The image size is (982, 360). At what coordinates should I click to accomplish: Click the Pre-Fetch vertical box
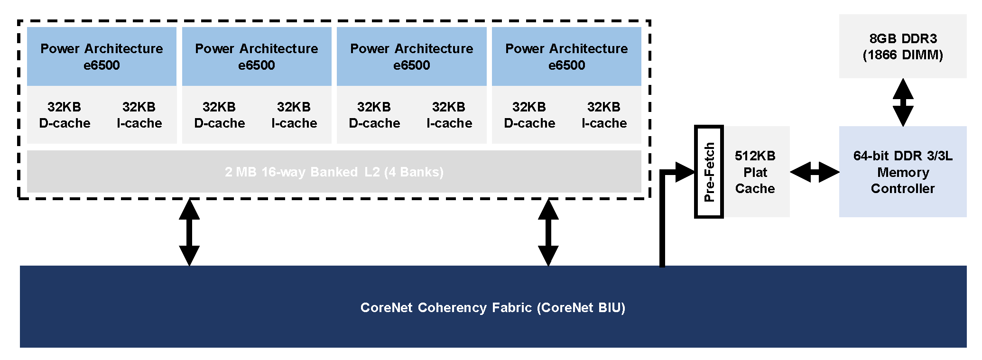coord(709,172)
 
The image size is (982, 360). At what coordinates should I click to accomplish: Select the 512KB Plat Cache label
coord(755,172)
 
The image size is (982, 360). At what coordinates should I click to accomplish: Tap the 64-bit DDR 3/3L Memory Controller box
coord(902,172)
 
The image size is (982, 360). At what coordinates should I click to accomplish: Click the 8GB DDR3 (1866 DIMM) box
coord(902,46)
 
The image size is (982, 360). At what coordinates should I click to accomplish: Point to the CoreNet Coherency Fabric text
coord(492,307)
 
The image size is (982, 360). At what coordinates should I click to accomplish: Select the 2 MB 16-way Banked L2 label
coord(334,172)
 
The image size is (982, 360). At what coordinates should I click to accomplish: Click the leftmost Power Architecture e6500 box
coord(102,56)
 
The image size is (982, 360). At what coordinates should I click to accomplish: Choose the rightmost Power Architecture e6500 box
coord(566,56)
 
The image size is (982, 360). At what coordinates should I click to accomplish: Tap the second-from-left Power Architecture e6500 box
coord(257,56)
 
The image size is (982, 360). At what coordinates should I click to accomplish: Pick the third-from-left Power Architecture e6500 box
coord(412,56)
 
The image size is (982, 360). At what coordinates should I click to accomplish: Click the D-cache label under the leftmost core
coord(65,115)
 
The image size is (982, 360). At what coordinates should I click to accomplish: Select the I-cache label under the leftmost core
coord(139,115)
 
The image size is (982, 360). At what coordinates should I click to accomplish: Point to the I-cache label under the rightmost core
coord(604,115)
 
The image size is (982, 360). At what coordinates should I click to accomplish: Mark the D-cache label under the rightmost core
coord(529,115)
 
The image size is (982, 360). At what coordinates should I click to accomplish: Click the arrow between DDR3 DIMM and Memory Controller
coord(903,102)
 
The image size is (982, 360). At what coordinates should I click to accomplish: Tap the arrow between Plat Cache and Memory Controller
coord(815,172)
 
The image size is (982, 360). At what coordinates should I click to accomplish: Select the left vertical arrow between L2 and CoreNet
coord(189,232)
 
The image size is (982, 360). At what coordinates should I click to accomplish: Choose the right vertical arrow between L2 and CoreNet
coord(548,232)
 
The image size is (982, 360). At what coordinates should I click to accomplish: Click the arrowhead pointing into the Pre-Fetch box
coord(685,172)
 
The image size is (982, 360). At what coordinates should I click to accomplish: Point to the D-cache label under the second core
coord(220,115)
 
